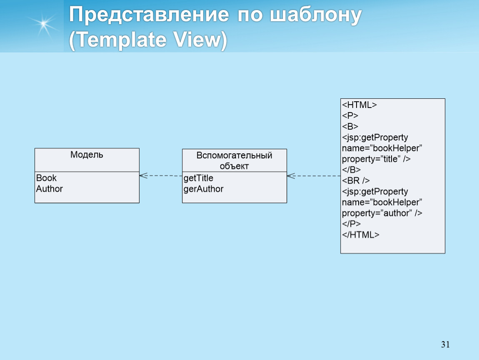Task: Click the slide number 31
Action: coord(445,345)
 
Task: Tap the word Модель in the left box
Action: coord(87,155)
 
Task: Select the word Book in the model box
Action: coord(46,178)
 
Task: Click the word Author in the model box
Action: coord(50,189)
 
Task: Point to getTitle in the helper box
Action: coord(198,178)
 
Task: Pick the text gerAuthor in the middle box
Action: coord(203,189)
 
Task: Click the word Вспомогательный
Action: coord(235,155)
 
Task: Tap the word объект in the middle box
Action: coord(235,166)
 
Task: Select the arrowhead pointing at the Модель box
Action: coord(143,175)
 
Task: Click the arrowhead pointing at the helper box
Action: coord(291,176)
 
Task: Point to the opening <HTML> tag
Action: coord(359,105)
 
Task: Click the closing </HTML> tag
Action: coord(361,235)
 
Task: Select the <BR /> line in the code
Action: coord(356,180)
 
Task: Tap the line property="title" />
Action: coord(377,159)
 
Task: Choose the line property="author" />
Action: coord(382,213)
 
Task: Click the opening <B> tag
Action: coord(350,127)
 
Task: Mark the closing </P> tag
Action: coord(351,224)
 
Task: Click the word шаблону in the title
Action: coord(316,15)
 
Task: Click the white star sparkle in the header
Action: coord(44,24)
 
